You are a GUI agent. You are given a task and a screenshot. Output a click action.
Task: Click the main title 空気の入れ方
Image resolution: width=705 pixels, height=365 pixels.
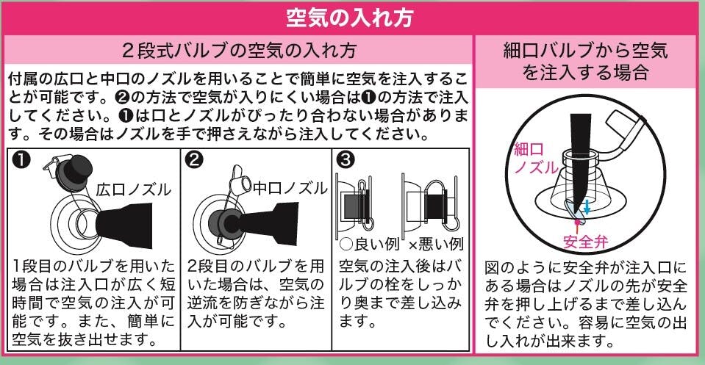pos(349,18)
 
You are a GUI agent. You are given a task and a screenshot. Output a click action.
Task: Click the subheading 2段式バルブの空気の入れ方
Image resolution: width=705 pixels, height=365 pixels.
pos(240,50)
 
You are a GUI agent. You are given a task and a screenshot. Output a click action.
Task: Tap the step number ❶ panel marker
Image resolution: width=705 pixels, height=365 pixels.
pos(21,159)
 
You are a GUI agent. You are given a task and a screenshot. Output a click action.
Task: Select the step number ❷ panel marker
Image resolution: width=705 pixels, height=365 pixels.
pos(194,160)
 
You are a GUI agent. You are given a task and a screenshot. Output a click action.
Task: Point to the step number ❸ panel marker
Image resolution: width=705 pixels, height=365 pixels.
pos(346,159)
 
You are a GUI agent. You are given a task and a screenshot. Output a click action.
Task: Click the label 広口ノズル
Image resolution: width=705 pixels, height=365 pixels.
pos(134,190)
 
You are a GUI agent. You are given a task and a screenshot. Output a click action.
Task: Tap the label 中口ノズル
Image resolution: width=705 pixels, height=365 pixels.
pos(290,188)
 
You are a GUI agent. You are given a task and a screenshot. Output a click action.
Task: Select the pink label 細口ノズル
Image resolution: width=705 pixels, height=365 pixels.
pos(536,159)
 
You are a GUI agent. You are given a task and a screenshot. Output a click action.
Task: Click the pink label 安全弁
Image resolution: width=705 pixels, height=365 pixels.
pos(585,242)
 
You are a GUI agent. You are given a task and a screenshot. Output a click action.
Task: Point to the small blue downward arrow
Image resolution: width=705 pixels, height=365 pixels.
pos(587,207)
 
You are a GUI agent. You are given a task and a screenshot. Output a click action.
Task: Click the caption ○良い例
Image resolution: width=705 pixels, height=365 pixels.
pos(369,244)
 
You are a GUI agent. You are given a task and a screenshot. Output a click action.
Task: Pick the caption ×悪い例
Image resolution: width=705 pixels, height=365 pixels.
pos(435,245)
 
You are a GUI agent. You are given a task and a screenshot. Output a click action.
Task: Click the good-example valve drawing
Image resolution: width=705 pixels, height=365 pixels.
pos(355,204)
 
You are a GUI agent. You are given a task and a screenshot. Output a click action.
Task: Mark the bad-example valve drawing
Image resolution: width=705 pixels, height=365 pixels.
pos(431,204)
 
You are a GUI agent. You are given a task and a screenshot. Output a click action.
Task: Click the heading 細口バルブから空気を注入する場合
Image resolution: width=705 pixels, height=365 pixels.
pos(585,61)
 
